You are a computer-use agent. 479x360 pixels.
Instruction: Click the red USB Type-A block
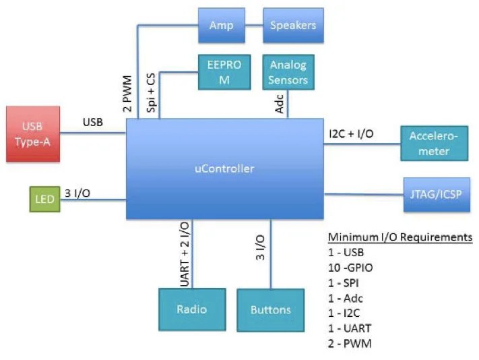(33, 133)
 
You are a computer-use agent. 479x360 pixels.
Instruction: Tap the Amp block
(221, 26)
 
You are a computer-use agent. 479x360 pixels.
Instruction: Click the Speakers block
(293, 26)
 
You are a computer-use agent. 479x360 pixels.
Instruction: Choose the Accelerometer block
(434, 143)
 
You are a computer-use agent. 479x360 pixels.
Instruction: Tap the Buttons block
(270, 309)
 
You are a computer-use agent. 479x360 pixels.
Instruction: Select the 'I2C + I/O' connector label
(350, 134)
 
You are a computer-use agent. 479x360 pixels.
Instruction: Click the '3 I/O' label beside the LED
(77, 193)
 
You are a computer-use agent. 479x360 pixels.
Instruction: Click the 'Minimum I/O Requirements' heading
(400, 238)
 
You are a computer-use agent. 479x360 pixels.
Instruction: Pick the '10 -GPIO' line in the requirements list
(350, 268)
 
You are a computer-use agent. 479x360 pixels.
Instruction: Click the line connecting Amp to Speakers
(253, 25)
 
